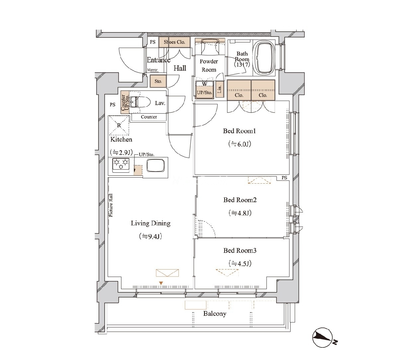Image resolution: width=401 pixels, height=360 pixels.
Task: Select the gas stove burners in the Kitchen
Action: coord(120,165)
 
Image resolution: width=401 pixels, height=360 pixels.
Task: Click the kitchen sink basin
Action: coord(155,165)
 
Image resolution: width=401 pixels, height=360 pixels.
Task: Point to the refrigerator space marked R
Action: coord(118,125)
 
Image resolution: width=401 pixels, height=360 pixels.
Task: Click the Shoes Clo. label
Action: coord(174,42)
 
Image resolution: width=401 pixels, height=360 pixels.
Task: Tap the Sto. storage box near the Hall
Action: coord(158,81)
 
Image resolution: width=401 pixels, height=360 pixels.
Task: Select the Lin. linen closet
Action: coord(219,89)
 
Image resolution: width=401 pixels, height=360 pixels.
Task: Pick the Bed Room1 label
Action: coord(239,131)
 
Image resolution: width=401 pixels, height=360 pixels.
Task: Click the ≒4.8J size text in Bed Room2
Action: coord(240,213)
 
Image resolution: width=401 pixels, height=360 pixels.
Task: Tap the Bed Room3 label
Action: coord(240,250)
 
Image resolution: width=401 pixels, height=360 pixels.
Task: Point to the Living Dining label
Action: coord(151,223)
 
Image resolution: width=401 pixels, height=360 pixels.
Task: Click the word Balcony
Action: coord(215,314)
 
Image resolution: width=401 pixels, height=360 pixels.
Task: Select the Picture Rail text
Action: coord(111,205)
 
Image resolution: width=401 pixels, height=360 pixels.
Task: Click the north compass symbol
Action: coord(323,340)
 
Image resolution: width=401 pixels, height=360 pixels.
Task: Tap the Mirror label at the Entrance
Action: coord(152,70)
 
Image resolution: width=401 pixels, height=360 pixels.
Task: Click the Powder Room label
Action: coord(209,66)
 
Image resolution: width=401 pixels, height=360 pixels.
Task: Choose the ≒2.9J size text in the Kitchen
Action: coord(121,152)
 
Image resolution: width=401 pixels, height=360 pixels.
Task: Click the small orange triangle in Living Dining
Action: coord(161,283)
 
